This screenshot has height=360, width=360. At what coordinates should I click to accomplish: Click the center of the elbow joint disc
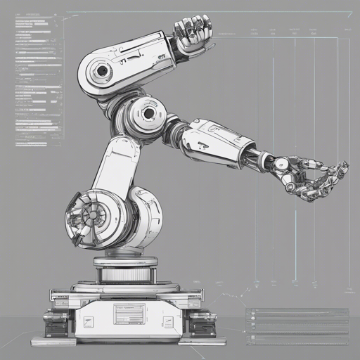148,112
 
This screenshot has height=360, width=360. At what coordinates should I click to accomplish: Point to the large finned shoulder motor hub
91,214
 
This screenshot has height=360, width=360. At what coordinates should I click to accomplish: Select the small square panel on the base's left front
89,321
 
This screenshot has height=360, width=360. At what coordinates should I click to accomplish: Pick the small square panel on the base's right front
168,321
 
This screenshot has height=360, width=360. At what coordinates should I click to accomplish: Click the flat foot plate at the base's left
53,341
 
